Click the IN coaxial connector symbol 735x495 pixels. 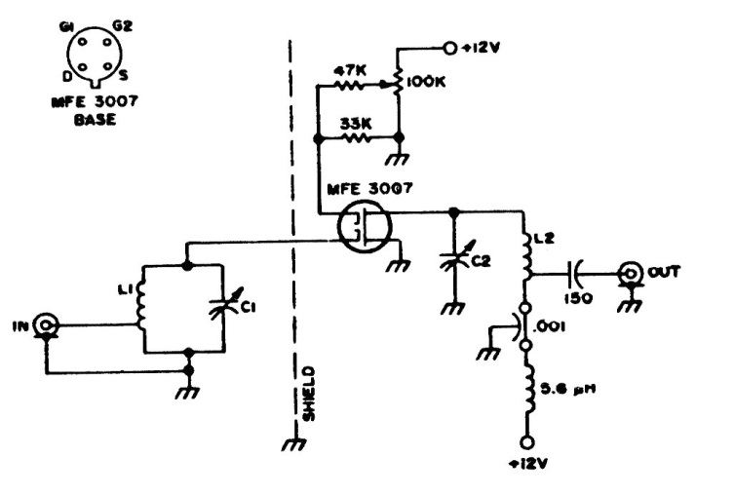[45, 324]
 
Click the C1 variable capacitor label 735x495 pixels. [251, 310]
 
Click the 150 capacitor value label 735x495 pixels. [584, 298]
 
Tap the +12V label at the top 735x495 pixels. [486, 46]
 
